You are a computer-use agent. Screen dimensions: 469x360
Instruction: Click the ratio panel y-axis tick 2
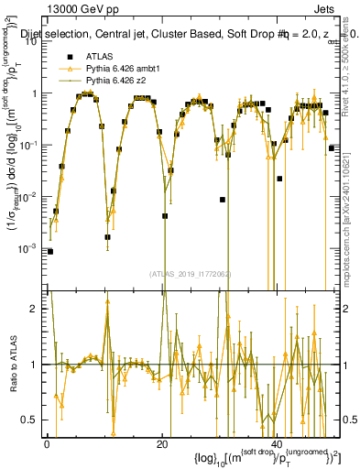click(35, 308)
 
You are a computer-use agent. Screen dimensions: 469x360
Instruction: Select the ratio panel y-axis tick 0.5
click(31, 420)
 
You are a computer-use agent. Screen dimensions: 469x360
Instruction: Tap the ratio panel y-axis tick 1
click(35, 365)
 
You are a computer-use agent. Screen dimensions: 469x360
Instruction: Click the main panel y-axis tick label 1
click(35, 93)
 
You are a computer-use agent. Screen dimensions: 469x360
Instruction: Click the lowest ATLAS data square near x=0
click(50, 251)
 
